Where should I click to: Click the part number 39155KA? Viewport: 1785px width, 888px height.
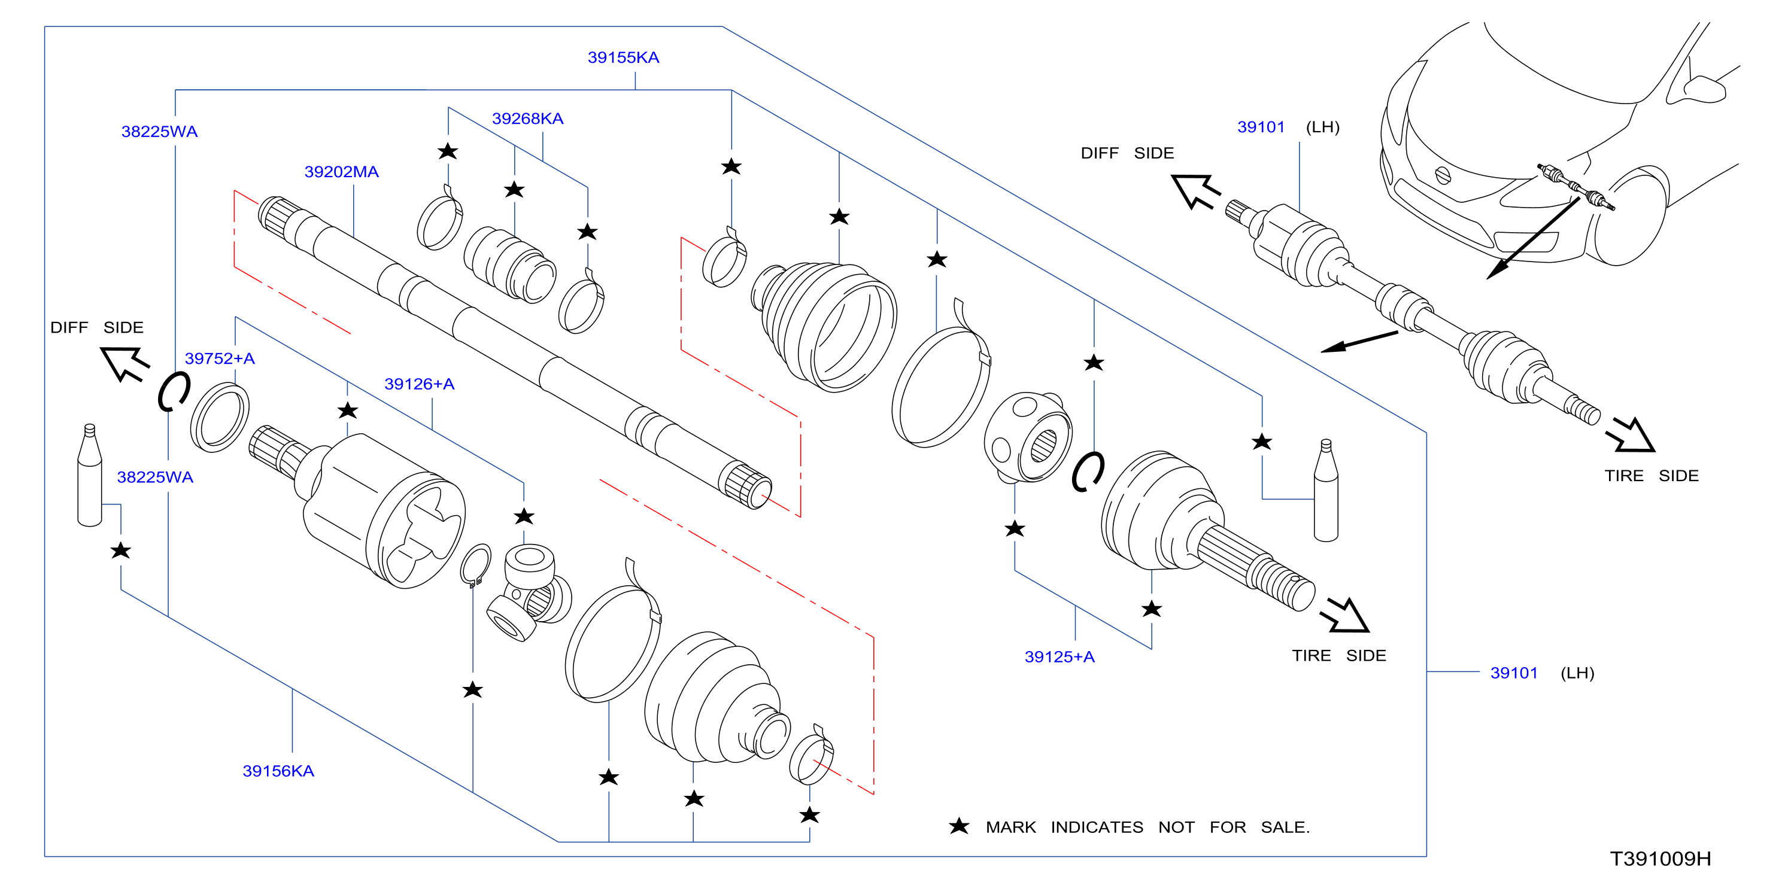623,57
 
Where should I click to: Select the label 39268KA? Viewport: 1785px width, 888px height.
527,118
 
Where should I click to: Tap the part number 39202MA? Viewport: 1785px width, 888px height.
342,172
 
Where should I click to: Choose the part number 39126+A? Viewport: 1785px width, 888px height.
419,384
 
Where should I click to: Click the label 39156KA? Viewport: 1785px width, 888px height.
278,771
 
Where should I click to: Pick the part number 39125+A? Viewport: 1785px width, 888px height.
1060,656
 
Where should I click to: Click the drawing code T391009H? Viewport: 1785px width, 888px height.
1660,859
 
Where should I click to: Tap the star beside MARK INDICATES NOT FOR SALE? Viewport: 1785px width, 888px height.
959,826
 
